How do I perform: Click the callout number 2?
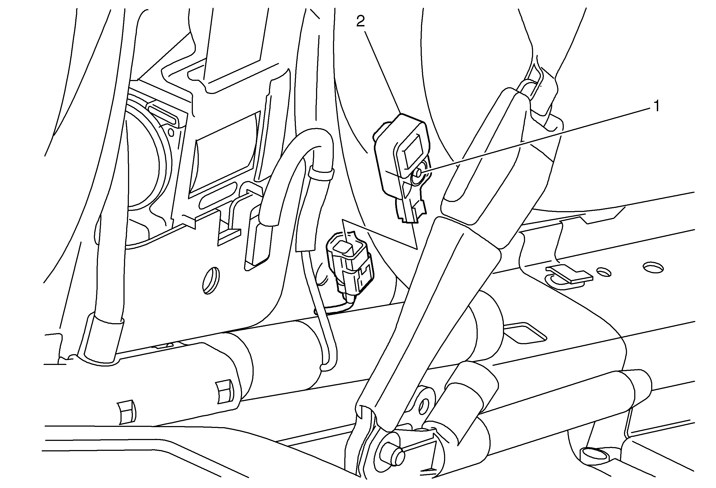coord(360,21)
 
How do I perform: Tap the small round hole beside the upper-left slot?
coord(171,133)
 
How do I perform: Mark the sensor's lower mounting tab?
coord(411,210)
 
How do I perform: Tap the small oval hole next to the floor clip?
coord(604,272)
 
